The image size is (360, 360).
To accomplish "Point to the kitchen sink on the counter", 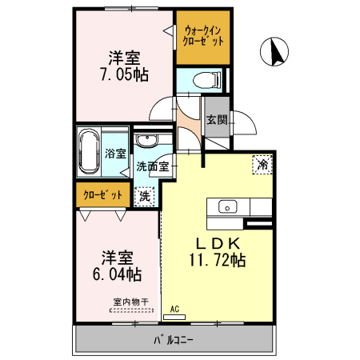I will [226, 206].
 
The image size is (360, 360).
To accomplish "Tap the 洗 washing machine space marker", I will [144, 194].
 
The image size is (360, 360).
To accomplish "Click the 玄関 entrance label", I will [216, 121].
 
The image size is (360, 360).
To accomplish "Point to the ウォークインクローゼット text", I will [203, 35].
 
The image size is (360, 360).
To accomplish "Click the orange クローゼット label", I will [103, 194].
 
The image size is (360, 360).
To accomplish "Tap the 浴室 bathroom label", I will [114, 154].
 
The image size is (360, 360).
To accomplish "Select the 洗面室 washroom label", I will [151, 166].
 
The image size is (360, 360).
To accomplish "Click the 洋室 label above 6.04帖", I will [117, 258].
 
